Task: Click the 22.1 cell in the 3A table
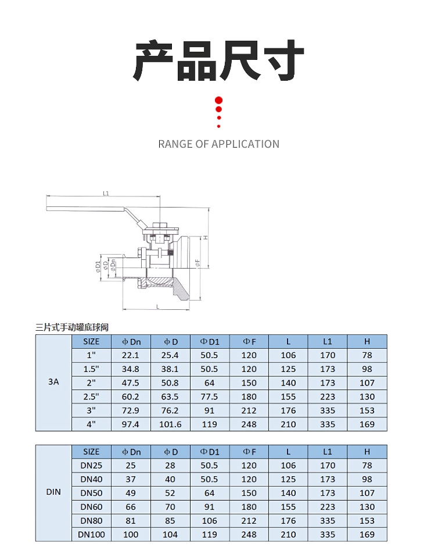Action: (x=131, y=355)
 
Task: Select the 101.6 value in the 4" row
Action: (x=170, y=424)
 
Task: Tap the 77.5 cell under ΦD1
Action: (x=209, y=397)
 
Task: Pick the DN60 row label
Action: (x=91, y=507)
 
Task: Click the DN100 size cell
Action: (x=91, y=535)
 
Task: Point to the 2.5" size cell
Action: (x=91, y=397)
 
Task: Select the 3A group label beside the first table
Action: (x=53, y=383)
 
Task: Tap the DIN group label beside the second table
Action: (x=53, y=492)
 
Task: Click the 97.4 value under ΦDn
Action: (x=131, y=424)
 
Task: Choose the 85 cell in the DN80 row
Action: (x=170, y=521)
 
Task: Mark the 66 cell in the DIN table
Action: (x=131, y=507)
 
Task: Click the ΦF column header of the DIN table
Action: (x=249, y=452)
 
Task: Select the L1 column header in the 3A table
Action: (x=328, y=341)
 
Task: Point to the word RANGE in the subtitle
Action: (x=175, y=144)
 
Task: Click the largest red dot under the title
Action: (x=219, y=100)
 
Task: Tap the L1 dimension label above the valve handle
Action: (x=106, y=194)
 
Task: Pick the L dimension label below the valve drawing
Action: (x=157, y=306)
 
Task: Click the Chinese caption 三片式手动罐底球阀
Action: (x=72, y=328)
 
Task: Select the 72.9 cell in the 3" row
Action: (x=131, y=410)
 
